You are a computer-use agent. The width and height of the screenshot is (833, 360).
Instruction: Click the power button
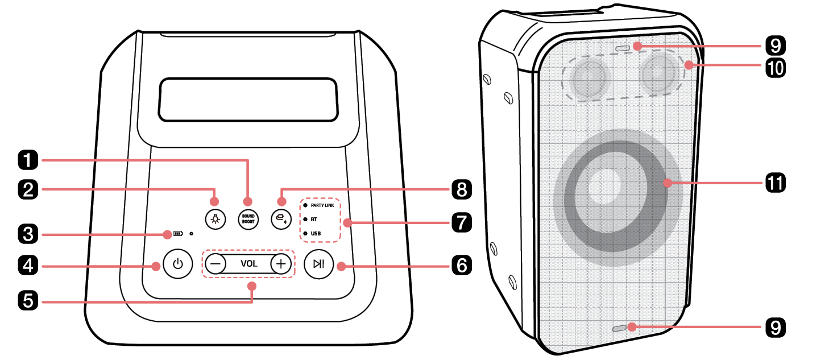point(177,264)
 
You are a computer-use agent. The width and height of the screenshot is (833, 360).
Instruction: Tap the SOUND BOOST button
point(247,219)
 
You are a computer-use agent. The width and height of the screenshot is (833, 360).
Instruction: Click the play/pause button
point(318,264)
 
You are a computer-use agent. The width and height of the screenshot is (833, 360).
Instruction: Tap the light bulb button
point(215,219)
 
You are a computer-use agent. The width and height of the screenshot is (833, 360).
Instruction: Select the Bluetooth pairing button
point(280,219)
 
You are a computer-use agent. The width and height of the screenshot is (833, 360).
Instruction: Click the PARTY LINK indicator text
point(322,205)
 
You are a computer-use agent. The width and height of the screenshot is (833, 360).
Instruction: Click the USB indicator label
point(316,233)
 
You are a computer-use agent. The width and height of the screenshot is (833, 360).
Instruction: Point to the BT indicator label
point(314,219)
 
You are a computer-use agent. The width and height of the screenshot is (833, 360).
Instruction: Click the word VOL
point(248,264)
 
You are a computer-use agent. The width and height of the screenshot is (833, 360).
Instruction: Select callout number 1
point(27,160)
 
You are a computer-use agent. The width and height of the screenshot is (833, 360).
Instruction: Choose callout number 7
point(461,222)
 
